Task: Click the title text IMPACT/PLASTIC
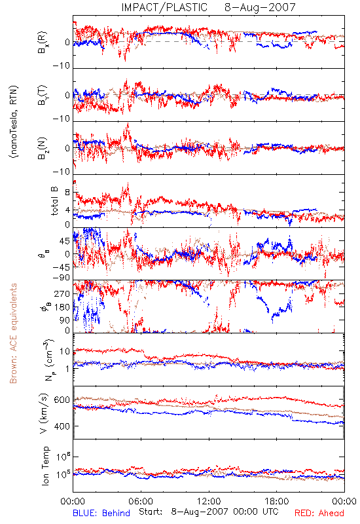click(164, 7)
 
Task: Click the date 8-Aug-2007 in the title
click(260, 7)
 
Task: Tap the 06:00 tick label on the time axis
click(141, 501)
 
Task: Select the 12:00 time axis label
click(209, 501)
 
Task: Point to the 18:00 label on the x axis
click(277, 501)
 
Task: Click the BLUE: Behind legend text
click(101, 513)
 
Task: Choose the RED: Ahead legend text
click(319, 513)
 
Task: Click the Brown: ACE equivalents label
click(13, 333)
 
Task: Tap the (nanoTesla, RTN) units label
click(14, 122)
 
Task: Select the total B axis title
click(54, 201)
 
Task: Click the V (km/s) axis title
click(44, 413)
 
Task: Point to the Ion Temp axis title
click(45, 466)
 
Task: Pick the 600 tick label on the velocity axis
click(62, 400)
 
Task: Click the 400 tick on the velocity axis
click(62, 426)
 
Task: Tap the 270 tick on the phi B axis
click(62, 293)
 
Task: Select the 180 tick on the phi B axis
click(62, 307)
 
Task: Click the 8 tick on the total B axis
click(67, 193)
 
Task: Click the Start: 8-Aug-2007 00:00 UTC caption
click(209, 512)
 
